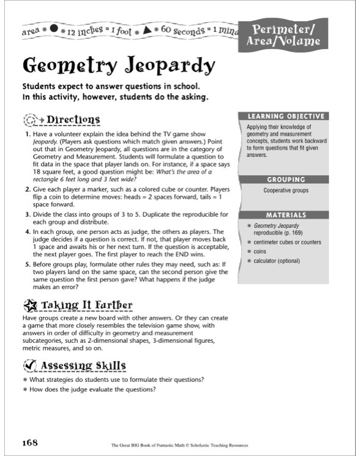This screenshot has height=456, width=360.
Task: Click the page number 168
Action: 31,442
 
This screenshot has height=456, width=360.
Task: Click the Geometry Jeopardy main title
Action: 119,65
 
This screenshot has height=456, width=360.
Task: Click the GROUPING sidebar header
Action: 285,179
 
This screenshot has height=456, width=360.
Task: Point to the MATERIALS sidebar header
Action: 285,215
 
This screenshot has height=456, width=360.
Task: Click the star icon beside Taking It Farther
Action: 30,305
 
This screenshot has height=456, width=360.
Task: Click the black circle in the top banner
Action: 53,28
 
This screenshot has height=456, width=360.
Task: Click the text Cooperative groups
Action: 285,190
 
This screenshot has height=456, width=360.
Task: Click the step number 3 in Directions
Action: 28,215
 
